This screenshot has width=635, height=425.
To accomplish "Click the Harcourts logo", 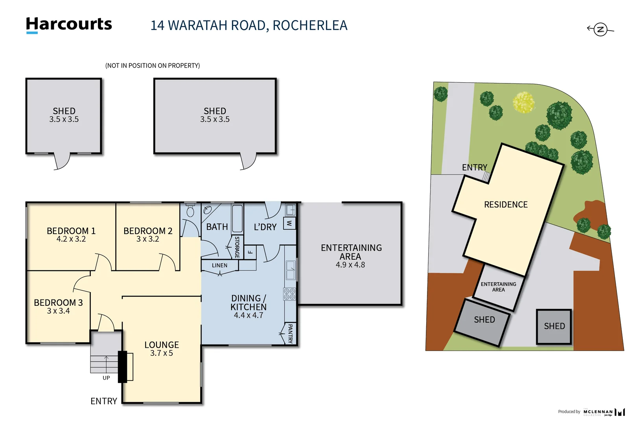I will coord(69,24).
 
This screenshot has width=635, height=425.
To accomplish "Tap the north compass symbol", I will coord(600,30).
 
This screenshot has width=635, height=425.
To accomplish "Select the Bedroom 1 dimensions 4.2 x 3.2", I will coord(71,239).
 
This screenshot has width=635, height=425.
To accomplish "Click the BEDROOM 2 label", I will coord(148,231).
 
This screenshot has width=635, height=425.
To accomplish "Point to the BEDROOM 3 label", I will coord(58,303).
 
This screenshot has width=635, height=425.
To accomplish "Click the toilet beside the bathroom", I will coord(190,211).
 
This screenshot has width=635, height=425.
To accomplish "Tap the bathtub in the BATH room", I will coord(237,218).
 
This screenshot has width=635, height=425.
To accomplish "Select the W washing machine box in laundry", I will coord(289,223).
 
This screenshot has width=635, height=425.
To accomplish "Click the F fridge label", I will coord(250,252).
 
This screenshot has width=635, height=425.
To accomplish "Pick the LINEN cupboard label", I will coord(219,266).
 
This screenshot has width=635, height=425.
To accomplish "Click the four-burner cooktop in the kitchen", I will coord(289,294).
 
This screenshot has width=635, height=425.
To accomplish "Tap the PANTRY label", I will coord(290,334).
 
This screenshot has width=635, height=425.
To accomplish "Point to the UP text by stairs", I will coord(106,378).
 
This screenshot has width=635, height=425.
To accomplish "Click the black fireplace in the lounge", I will coord(123,367).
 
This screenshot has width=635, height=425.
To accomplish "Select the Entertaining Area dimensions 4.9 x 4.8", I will coord(350,265).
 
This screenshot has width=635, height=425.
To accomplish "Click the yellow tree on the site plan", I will coord(524,102).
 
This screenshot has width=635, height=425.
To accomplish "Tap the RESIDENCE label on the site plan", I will coord(506,205).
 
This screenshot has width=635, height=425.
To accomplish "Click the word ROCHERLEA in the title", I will coord(310,26).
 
